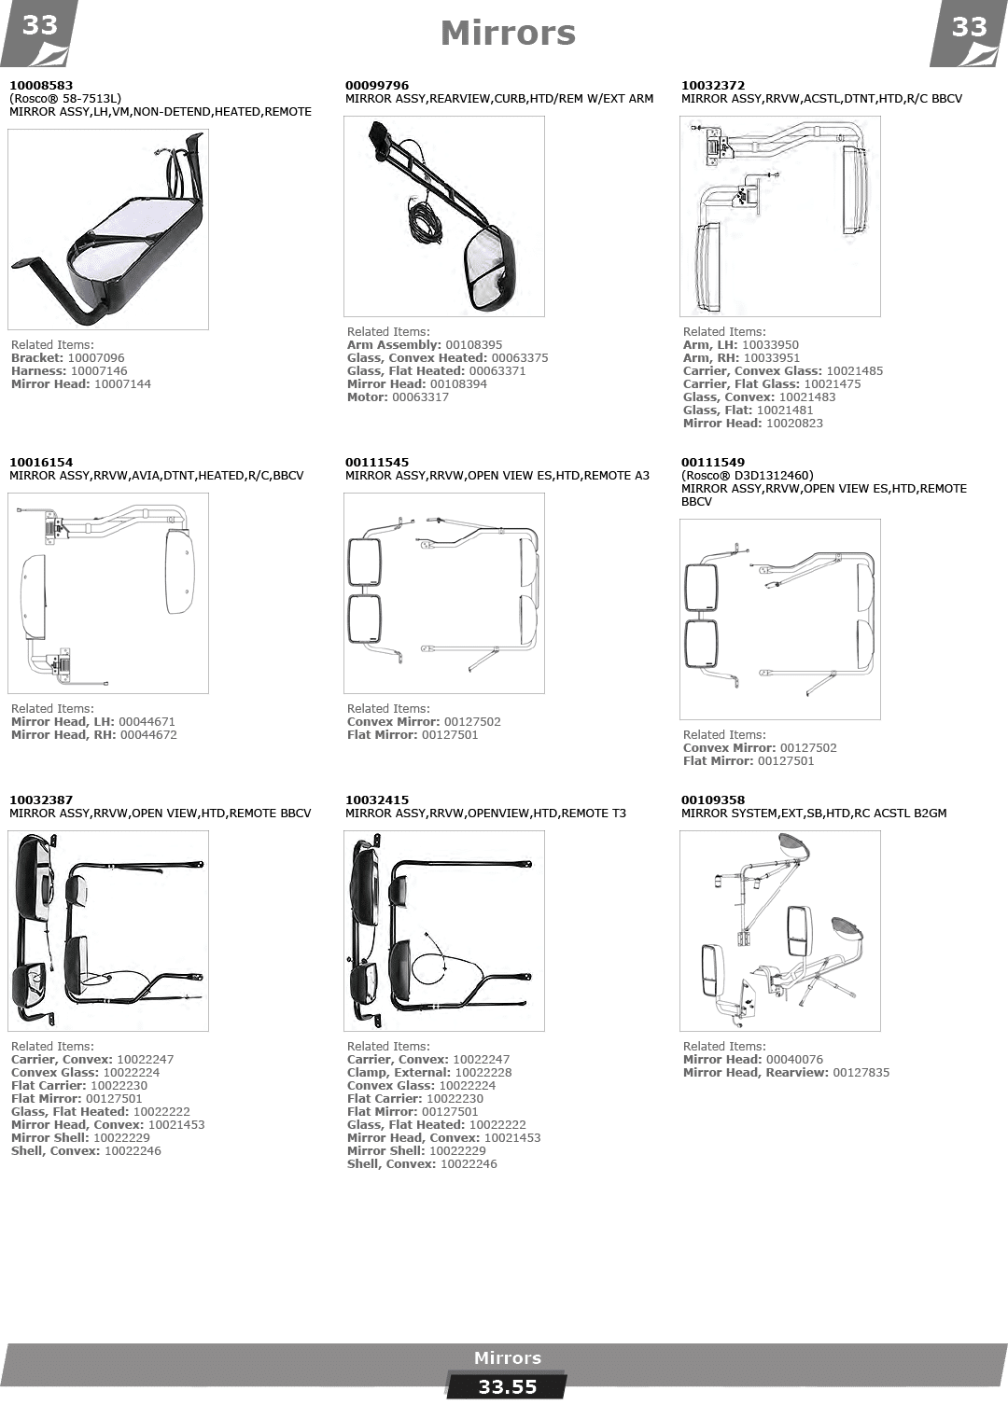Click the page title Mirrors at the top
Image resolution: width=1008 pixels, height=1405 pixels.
[508, 34]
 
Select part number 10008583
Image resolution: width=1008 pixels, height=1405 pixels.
[41, 85]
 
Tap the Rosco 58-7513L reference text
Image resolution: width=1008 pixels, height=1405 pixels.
[65, 99]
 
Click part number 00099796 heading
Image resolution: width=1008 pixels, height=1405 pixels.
[376, 85]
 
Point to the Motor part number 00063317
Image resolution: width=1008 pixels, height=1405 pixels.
[420, 397]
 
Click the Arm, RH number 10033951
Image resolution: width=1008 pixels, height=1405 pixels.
[771, 357]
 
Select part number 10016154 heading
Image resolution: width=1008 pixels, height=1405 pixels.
[41, 463]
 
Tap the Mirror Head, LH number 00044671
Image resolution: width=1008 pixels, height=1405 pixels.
[147, 721]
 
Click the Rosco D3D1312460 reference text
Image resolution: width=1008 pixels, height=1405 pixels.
[747, 476]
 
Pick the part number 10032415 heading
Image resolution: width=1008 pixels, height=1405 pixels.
[376, 800]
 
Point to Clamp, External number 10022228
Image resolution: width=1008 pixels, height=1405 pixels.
[483, 1073]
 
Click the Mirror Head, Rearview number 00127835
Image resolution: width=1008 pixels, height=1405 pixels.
[861, 1073]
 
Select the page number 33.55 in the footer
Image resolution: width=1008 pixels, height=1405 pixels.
[508, 1387]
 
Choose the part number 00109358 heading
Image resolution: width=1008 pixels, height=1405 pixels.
[713, 800]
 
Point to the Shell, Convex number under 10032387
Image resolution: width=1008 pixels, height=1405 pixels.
[133, 1151]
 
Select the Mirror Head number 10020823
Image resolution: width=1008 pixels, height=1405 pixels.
[794, 424]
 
